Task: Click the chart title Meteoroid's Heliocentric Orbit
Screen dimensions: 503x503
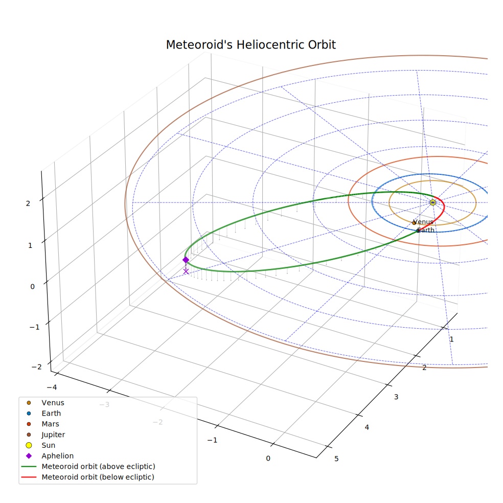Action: (250, 45)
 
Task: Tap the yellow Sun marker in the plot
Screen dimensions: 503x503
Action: (433, 202)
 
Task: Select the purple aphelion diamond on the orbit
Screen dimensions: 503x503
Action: (186, 260)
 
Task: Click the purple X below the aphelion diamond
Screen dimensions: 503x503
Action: (186, 271)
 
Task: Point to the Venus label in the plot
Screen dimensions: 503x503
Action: (423, 222)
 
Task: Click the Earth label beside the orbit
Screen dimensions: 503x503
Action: (426, 230)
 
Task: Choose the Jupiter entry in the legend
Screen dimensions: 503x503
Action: (53, 435)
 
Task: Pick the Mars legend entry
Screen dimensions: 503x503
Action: (51, 424)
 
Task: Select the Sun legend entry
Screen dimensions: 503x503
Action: (49, 445)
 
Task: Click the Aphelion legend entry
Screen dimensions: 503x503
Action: (57, 456)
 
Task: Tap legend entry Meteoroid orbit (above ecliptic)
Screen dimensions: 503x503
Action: (99, 466)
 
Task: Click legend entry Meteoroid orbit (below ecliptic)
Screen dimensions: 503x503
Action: (98, 477)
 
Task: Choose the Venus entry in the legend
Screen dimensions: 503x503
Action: (53, 403)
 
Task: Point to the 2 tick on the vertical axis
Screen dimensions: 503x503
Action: (28, 203)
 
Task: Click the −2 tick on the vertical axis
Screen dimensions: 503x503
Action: (37, 367)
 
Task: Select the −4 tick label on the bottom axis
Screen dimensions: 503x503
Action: (52, 387)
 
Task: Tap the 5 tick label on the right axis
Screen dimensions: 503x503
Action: (336, 459)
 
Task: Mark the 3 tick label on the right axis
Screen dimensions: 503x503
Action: (396, 397)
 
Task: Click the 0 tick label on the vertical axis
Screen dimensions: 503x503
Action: (32, 287)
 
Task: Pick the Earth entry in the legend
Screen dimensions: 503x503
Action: (51, 414)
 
